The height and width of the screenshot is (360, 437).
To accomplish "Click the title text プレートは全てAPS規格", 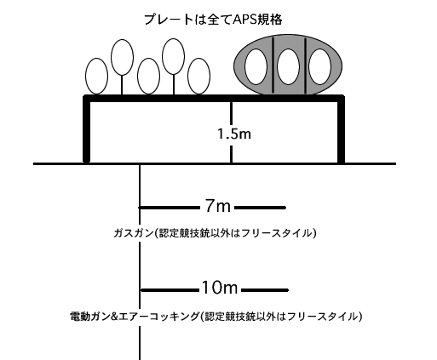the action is click(213, 20).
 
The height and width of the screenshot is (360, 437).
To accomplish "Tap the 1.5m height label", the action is click(234, 134).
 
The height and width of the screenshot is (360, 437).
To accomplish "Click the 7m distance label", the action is click(217, 206).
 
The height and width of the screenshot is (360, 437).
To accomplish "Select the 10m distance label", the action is click(220, 288).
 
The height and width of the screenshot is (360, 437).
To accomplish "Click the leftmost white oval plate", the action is click(97, 76).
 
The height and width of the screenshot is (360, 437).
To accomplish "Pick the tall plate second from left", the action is click(122, 57).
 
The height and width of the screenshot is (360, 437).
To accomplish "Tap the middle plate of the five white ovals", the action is click(148, 76).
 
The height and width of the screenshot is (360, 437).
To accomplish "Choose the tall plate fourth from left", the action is click(174, 57).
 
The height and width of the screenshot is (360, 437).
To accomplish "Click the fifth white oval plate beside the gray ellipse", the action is click(199, 76).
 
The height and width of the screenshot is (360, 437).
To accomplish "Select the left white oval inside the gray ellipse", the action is click(256, 66).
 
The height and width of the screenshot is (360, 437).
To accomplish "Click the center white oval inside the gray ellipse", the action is click(288, 66).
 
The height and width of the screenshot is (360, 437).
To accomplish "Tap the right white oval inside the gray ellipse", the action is click(319, 66).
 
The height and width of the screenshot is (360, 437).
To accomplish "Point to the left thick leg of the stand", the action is click(86, 129).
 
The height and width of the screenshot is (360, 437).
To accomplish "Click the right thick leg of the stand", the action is click(341, 129).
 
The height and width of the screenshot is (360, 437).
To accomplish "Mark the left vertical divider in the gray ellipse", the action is click(273, 65).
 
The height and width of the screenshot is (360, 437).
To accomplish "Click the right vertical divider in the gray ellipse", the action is click(306, 66).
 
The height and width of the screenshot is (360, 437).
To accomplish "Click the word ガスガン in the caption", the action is click(133, 233).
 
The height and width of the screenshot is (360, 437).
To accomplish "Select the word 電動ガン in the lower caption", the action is click(89, 316).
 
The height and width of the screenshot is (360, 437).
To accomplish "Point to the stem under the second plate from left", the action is click(122, 85).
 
